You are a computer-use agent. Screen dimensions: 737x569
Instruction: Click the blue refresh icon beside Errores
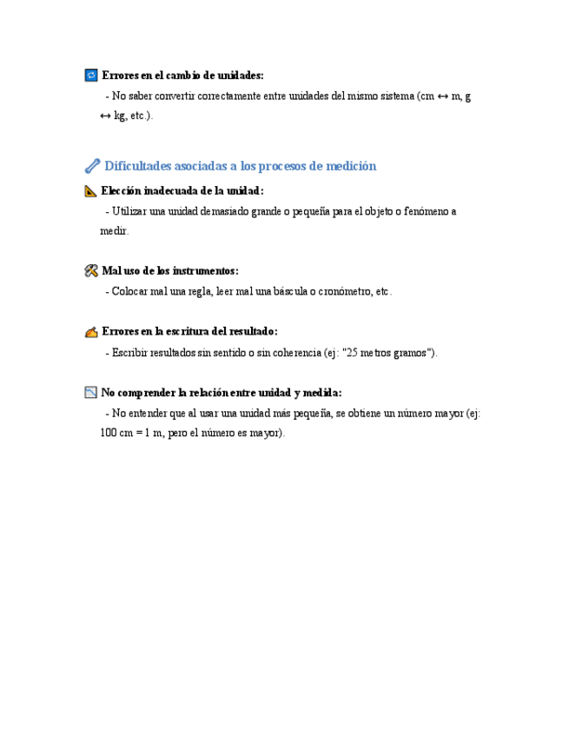click(x=91, y=76)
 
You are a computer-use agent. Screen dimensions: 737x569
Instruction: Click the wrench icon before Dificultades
click(x=92, y=166)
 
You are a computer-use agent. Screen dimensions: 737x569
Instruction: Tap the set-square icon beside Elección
click(x=91, y=190)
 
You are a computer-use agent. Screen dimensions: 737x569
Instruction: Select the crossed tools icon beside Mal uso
click(x=91, y=271)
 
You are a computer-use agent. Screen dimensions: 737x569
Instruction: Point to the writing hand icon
click(x=91, y=332)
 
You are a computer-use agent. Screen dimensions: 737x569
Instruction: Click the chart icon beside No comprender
click(x=91, y=393)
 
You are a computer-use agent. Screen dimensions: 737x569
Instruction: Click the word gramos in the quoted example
click(x=414, y=353)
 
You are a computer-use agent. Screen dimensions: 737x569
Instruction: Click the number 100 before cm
click(x=109, y=434)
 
